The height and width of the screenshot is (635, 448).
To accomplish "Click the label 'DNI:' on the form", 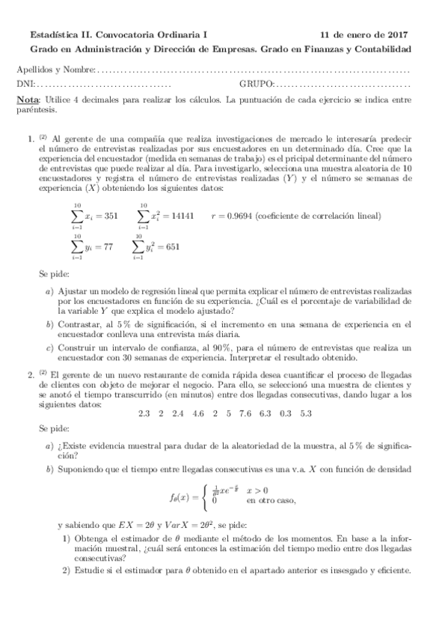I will tap(25, 85).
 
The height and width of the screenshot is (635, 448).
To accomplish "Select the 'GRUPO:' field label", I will tap(257, 85).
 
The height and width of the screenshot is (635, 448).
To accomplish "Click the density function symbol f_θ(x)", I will tap(180, 496).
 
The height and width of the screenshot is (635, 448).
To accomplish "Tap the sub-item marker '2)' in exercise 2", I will tap(67, 571).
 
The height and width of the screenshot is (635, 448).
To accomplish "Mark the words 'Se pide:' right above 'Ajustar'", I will tap(53, 275).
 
